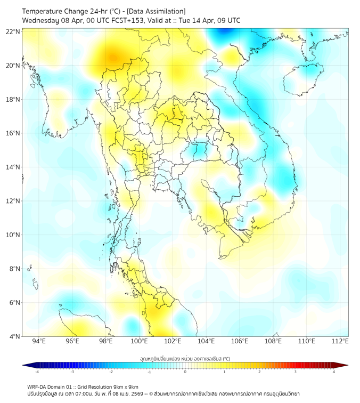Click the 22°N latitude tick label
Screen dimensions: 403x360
pyautogui.click(x=13, y=31)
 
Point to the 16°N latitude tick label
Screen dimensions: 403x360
pyautogui.click(x=13, y=133)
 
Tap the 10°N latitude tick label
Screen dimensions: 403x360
pyautogui.click(x=13, y=235)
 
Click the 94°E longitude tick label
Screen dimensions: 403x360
pyautogui.click(x=39, y=342)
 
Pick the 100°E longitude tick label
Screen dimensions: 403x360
pyautogui.click(x=139, y=342)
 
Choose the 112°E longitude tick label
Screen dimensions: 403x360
pyautogui.click(x=340, y=342)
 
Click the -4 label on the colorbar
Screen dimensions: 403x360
pyautogui.click(x=36, y=372)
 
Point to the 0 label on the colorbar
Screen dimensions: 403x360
pyautogui.click(x=185, y=372)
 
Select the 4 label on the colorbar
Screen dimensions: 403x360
pyautogui.click(x=334, y=372)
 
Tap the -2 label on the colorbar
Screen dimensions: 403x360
pyautogui.click(x=110, y=372)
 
